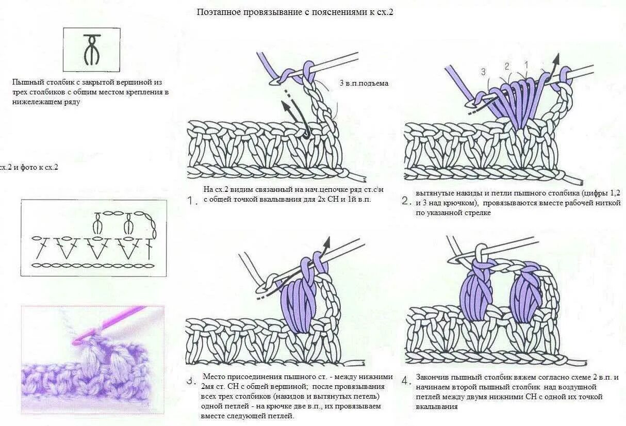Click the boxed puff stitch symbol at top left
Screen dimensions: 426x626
pos(91,50)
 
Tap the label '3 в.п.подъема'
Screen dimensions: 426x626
pos(364,83)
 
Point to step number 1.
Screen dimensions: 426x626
pos(193,202)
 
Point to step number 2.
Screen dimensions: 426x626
pos(406,201)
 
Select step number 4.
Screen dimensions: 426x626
pos(406,381)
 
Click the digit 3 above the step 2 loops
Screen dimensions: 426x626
pos(483,72)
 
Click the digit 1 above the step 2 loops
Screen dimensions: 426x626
pos(526,64)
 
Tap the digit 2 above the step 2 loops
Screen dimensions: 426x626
pos(506,66)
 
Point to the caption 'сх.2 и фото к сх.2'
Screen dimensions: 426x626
pos(28,167)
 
